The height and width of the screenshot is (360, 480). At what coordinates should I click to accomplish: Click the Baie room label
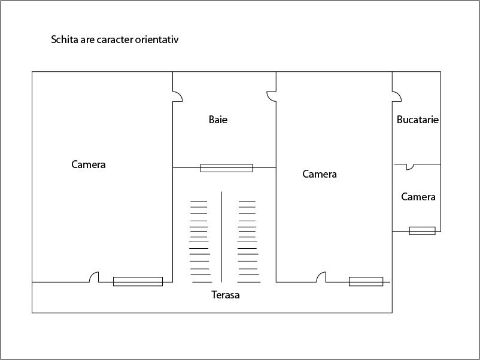(218, 120)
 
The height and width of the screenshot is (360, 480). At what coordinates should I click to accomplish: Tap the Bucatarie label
(418, 120)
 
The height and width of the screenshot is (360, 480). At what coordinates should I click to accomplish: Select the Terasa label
(225, 295)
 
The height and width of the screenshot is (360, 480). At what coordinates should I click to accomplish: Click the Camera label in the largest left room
(89, 164)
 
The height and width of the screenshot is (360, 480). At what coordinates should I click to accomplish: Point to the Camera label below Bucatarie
(418, 197)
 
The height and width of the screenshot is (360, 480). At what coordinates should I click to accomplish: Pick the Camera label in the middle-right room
(320, 174)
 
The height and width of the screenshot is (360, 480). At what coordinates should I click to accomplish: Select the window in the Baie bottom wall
(226, 168)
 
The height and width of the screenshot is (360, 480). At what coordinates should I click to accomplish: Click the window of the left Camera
(138, 282)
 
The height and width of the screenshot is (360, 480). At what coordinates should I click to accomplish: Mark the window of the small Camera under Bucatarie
(422, 231)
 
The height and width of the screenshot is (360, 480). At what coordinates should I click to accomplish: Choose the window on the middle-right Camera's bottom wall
(366, 282)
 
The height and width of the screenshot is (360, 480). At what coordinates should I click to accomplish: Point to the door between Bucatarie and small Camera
(410, 167)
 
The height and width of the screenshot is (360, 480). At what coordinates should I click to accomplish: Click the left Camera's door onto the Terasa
(94, 277)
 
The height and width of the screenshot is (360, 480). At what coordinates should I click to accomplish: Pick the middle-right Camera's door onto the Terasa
(321, 277)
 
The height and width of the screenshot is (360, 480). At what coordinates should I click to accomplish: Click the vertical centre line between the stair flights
(221, 237)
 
